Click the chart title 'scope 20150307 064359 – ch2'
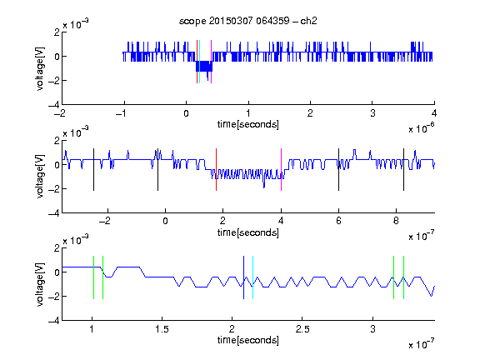[248, 21]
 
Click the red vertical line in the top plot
[197, 62]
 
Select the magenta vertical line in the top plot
[211, 62]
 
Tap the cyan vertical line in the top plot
[200, 62]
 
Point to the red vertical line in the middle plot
[216, 170]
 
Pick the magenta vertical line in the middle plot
[281, 170]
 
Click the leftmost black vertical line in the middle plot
[93, 170]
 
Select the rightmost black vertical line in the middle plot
[403, 170]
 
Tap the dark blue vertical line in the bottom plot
[243, 277]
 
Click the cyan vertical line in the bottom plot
[252, 277]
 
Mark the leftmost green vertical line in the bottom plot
[93, 277]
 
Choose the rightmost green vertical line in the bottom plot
[404, 277]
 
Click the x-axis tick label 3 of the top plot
[372, 113]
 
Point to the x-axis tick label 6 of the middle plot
[338, 221]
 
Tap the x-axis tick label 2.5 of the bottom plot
[302, 329]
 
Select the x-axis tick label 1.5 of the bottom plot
[162, 329]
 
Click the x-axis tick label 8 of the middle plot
[396, 221]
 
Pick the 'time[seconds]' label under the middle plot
[248, 232]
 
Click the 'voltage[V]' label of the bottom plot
[40, 284]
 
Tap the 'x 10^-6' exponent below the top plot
[422, 128]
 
